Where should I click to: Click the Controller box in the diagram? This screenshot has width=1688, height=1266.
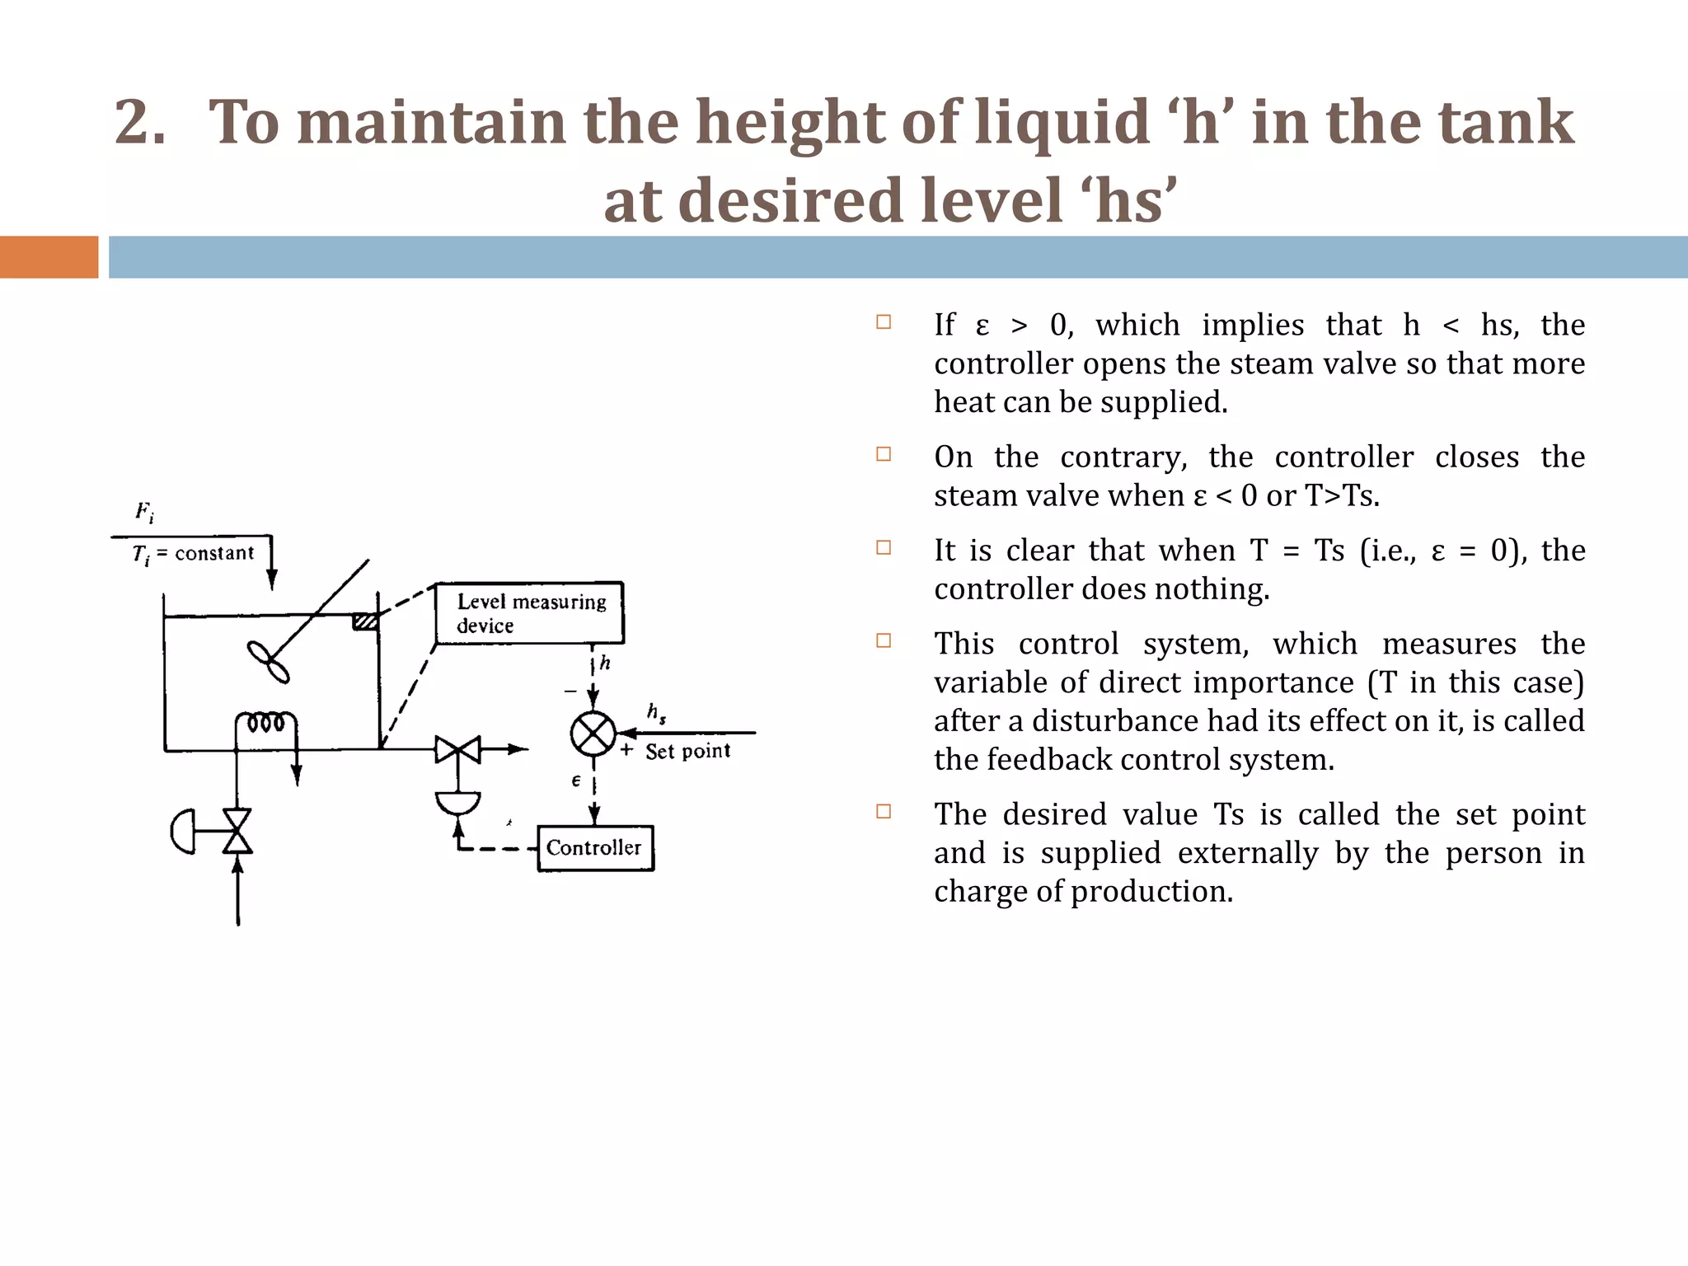[x=595, y=848]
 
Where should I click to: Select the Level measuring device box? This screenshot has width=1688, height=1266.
[x=530, y=613]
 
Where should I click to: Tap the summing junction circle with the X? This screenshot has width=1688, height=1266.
[x=593, y=734]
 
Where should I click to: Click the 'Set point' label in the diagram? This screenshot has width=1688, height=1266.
[x=687, y=752]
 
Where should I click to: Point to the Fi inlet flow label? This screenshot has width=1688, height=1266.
[x=144, y=512]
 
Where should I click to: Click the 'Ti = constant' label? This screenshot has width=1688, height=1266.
[x=194, y=554]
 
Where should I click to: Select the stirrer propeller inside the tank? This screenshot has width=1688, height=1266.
[x=269, y=662]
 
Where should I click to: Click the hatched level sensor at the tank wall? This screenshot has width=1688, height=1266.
[x=365, y=621]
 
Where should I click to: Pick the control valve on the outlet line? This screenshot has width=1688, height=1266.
[x=458, y=750]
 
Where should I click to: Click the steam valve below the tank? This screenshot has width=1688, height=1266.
[x=238, y=831]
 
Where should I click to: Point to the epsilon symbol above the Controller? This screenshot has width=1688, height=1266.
[x=576, y=781]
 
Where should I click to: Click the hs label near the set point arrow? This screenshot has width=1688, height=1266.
[x=656, y=712]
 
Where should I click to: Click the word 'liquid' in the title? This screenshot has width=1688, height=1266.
[x=1062, y=122]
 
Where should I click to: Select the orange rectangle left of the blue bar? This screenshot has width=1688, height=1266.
[x=49, y=257]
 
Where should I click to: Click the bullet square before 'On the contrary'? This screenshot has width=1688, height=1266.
[x=884, y=454]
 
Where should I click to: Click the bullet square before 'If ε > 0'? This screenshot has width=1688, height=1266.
[x=884, y=322]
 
